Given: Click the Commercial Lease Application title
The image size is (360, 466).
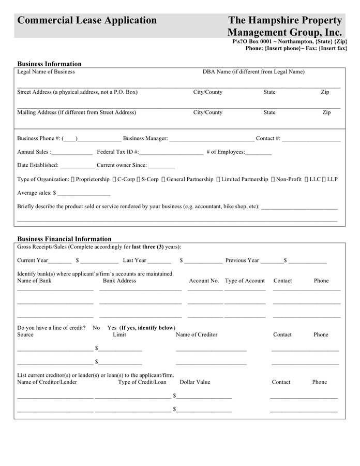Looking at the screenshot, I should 87,21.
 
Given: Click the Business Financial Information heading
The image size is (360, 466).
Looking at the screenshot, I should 64,239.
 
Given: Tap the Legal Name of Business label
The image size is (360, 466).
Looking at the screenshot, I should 46,71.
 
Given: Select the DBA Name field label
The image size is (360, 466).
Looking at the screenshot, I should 253,71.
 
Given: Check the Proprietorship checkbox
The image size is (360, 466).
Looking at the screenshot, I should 73,180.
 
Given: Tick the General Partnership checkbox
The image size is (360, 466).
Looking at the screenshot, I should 163,180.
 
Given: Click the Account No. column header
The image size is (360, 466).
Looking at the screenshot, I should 204,281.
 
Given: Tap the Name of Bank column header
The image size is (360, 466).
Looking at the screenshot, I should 34,281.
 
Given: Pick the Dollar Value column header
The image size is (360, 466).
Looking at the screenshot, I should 195,382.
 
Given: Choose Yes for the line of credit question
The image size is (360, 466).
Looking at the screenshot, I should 112,328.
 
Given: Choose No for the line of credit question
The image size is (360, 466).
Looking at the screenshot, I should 96,328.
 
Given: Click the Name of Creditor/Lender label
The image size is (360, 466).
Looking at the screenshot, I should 47,382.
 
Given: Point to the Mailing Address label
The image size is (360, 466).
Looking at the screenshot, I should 77,112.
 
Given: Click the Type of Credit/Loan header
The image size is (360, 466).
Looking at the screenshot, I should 142,382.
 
